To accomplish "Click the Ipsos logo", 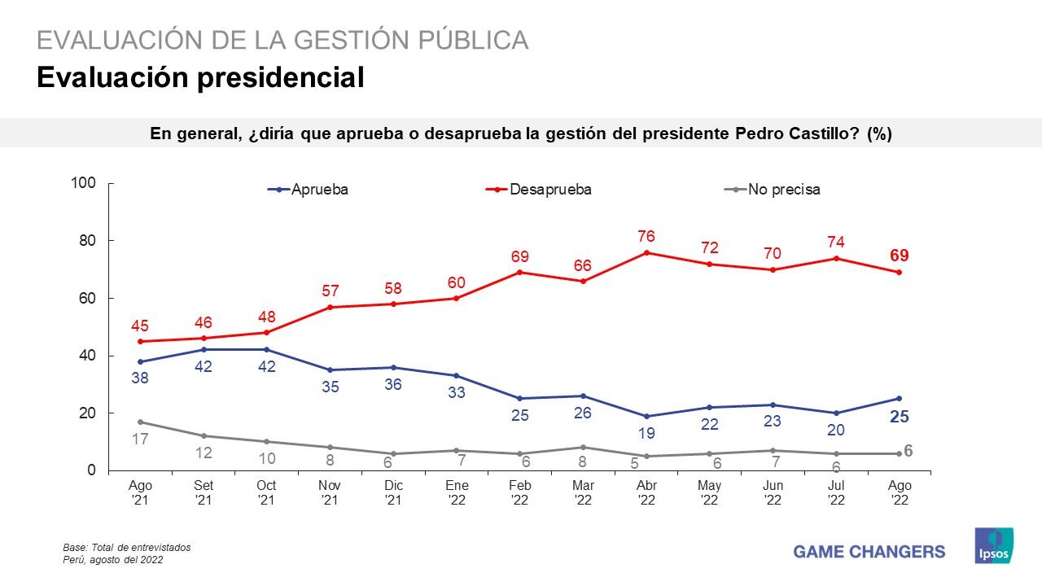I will (994, 544).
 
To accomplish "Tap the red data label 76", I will (646, 236).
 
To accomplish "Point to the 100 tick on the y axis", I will (84, 183).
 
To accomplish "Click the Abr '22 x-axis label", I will (646, 492).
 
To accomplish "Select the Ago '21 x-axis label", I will (140, 492).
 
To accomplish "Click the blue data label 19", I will (646, 434).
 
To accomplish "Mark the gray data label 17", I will (140, 440).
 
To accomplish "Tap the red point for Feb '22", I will (520, 272).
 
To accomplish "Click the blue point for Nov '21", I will (330, 370).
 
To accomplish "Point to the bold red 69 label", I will (899, 256).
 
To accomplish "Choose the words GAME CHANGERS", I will (869, 552).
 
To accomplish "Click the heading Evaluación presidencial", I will (199, 77).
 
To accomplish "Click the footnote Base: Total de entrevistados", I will (126, 548).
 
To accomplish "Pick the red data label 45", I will (140, 326).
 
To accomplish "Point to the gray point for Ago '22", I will (899, 453).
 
